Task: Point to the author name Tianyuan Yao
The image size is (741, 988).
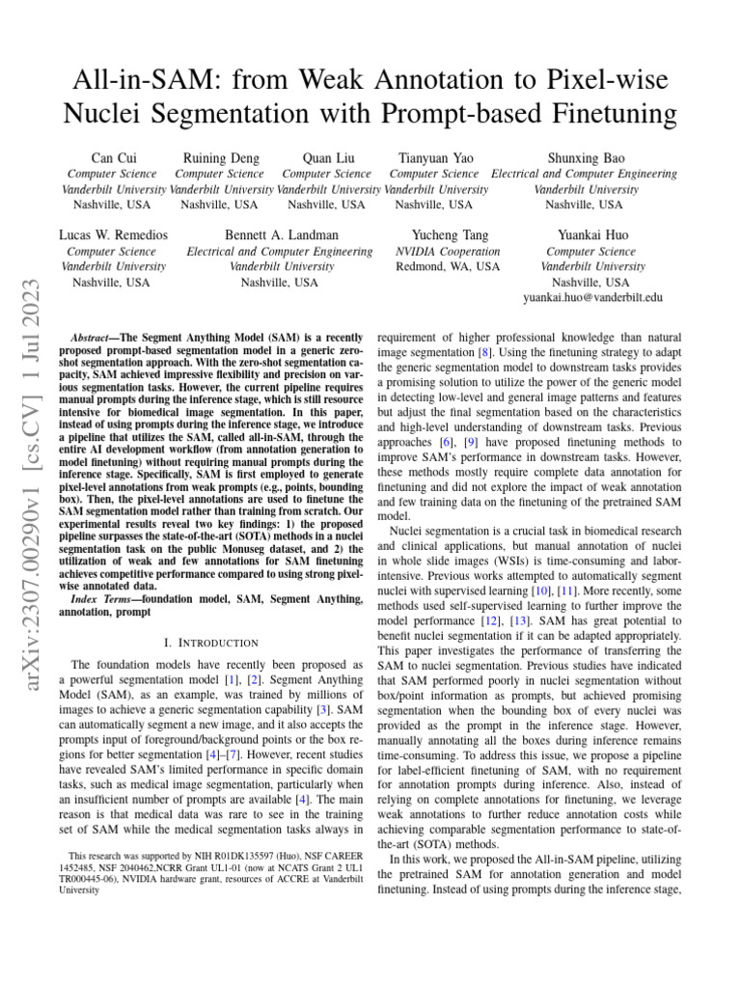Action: [x=434, y=157]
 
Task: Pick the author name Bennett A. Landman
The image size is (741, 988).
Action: [x=281, y=234]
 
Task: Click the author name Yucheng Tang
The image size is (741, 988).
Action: [x=450, y=234]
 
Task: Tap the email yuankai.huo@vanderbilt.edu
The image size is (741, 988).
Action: [x=592, y=298]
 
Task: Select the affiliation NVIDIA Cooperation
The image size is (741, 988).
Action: [x=450, y=251]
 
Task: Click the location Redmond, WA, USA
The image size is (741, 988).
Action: [x=450, y=266]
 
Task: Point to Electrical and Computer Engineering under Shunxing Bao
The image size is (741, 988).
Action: [x=584, y=174]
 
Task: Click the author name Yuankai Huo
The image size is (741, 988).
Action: [x=591, y=234]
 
